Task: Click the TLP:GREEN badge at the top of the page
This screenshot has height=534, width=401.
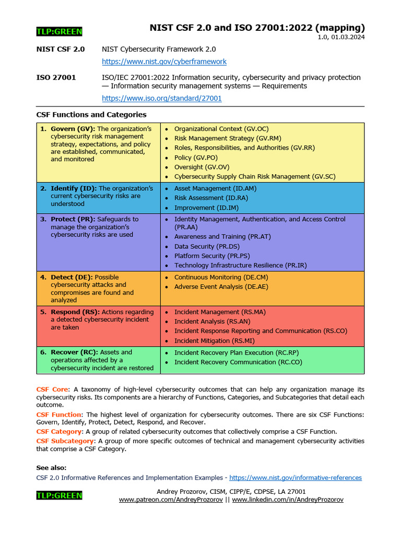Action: [59, 32]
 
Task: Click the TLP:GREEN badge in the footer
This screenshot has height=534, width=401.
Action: [59, 495]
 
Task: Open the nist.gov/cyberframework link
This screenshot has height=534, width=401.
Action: [164, 62]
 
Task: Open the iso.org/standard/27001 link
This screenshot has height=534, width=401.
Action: [161, 98]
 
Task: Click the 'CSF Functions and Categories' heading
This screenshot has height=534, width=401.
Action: [91, 115]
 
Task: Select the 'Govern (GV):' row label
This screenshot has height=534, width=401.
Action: [73, 129]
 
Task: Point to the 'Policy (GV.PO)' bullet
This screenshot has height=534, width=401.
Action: [196, 157]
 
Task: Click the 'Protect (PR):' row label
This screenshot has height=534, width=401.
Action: [73, 220]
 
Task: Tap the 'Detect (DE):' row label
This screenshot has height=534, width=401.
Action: [72, 277]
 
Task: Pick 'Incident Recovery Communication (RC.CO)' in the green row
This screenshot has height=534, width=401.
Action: [238, 362]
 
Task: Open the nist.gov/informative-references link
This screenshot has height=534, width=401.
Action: [295, 478]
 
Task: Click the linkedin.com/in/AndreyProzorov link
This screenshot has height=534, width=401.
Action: [287, 500]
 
